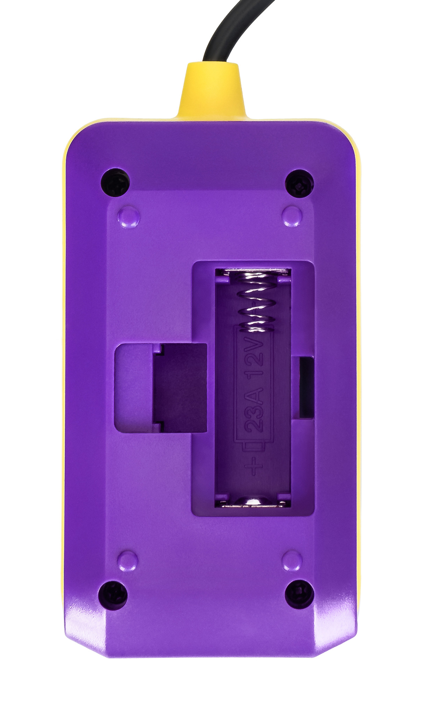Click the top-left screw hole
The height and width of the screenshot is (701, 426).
coord(115,183)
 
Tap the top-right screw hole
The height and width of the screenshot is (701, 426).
coord(299,183)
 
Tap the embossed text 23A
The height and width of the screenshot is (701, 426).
coord(254,408)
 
